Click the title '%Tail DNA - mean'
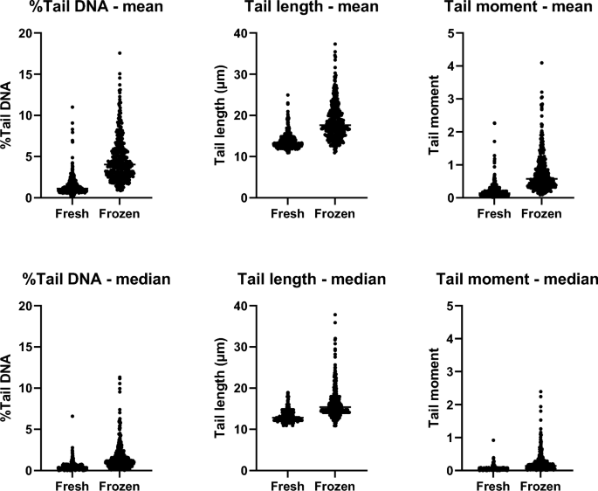click(x=87, y=10)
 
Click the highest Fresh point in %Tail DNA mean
click(x=72, y=107)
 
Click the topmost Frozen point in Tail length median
click(x=334, y=315)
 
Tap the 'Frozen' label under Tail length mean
click(x=334, y=212)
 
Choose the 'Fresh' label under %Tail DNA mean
click(x=72, y=212)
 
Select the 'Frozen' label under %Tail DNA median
click(x=120, y=485)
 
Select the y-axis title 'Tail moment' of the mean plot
click(x=436, y=115)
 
